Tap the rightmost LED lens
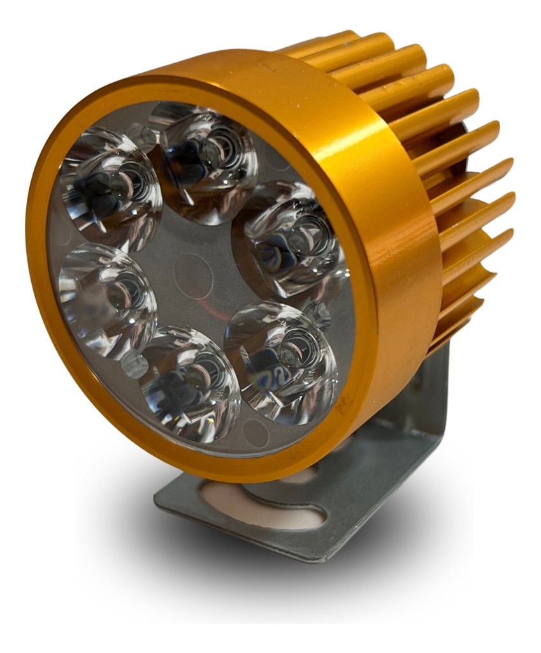[290, 239]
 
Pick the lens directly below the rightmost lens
[280, 360]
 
